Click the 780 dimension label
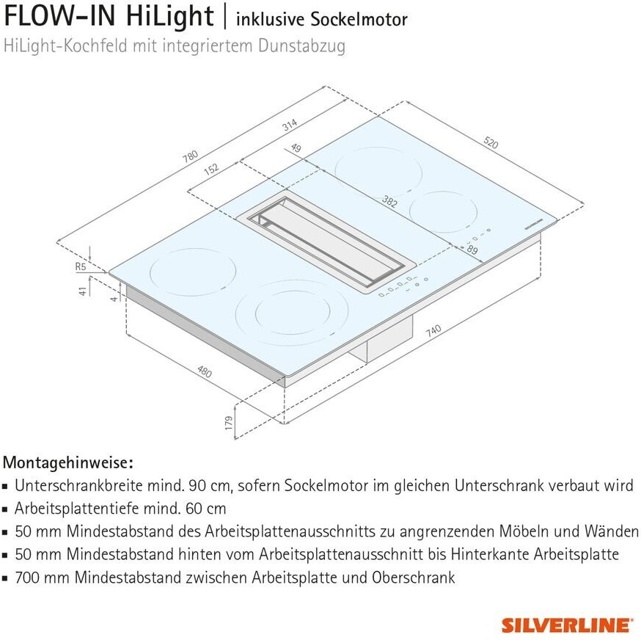[190, 156]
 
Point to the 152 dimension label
[211, 170]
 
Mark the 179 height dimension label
[229, 421]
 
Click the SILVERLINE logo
[567, 625]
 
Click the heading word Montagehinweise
[67, 463]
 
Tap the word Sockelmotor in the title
[366, 19]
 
